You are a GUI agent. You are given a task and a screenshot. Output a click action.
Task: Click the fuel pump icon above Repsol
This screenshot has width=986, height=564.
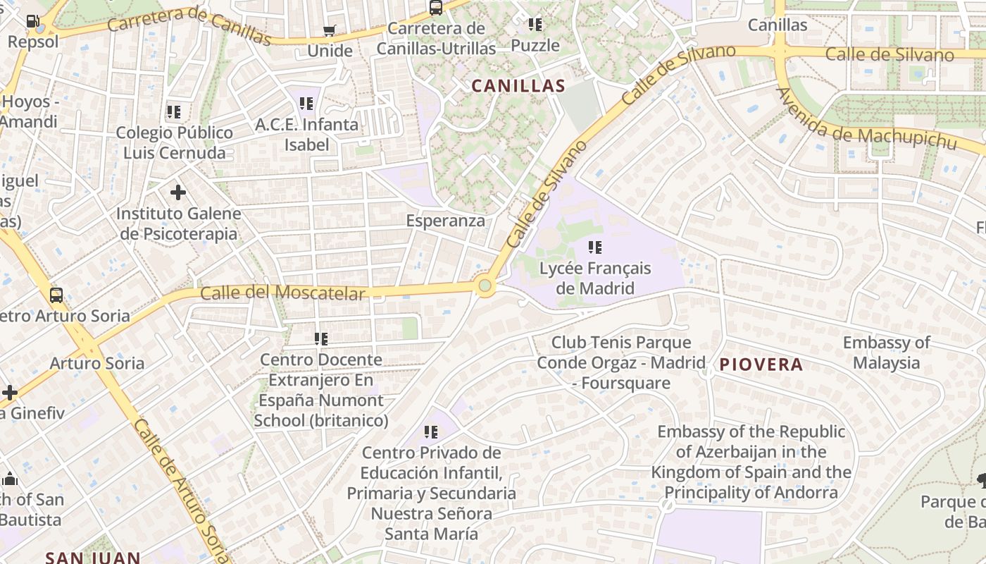(32, 20)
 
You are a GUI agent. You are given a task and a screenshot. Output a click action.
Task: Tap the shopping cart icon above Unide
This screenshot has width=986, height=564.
(329, 31)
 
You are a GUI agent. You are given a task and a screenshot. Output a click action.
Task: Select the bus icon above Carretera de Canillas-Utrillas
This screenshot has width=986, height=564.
(436, 8)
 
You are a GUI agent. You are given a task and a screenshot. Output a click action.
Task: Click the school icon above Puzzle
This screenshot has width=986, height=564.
(535, 25)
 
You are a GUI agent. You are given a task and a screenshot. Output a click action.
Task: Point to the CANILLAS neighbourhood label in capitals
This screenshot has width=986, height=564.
(518, 86)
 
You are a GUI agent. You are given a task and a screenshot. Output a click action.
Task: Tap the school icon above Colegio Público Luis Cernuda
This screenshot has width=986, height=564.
(174, 111)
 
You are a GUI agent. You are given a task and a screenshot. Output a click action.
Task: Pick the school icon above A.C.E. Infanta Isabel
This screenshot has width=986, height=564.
(306, 104)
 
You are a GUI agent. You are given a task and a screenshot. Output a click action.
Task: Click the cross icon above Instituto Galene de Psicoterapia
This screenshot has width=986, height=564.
(178, 192)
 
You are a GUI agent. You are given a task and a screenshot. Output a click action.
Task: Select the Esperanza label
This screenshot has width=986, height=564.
(446, 221)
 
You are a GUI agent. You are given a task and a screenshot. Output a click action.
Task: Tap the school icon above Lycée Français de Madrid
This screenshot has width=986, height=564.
(595, 247)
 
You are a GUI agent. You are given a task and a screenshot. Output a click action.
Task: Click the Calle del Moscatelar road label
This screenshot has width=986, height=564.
(283, 293)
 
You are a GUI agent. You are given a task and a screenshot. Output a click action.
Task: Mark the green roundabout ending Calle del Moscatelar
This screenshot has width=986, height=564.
(485, 286)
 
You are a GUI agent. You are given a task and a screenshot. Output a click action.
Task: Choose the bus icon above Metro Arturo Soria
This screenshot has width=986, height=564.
(56, 295)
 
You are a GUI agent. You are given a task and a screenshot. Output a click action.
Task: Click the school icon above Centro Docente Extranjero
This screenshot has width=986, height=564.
(321, 339)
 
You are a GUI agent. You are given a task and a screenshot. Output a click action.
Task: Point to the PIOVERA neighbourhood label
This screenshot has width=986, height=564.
(761, 364)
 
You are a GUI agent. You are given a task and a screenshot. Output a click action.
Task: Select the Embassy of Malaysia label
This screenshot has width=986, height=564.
(886, 352)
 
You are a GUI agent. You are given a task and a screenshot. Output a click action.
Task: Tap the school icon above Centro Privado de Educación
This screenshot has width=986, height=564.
(431, 431)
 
